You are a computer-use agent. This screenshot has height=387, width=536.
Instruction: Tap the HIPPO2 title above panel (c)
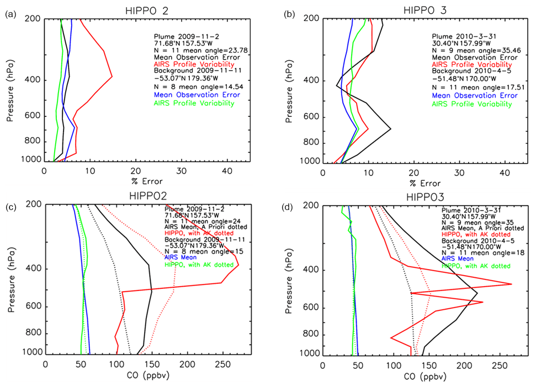pyautogui.click(x=145, y=197)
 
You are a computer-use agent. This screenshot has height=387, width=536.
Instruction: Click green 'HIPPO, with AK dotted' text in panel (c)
pyautogui.click(x=198, y=265)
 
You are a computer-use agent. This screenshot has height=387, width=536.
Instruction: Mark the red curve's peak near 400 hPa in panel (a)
pyautogui.click(x=112, y=77)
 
